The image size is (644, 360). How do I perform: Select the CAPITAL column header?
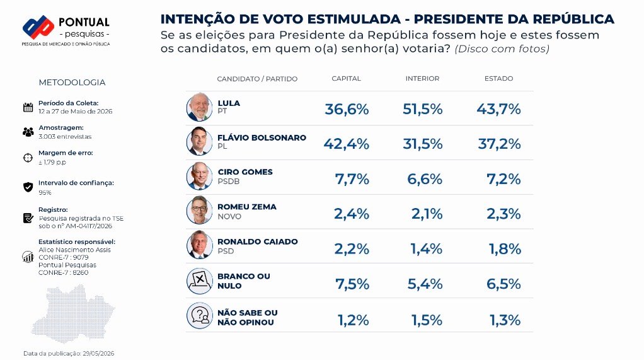click(346, 78)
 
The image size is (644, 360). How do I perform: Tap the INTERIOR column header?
click(422, 78)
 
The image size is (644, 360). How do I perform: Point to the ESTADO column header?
click(498, 78)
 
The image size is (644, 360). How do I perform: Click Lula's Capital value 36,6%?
click(347, 109)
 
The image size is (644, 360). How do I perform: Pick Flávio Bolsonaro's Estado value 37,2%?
click(500, 144)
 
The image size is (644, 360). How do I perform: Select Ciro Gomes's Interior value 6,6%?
click(425, 179)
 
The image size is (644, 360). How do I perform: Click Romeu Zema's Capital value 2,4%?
click(351, 214)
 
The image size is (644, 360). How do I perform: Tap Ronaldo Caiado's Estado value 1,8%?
click(505, 248)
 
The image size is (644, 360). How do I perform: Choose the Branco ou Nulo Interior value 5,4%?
click(425, 284)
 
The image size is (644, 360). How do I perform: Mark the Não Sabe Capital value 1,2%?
click(353, 320)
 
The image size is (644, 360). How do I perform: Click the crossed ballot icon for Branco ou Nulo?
click(200, 281)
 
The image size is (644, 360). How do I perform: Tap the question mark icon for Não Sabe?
click(200, 316)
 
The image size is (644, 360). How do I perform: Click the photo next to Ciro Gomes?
click(200, 177)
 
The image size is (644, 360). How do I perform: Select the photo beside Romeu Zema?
click(200, 210)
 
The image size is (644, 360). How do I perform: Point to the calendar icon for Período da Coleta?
click(28, 107)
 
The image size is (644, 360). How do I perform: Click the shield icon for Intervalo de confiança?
click(28, 187)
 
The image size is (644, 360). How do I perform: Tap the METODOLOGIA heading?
click(72, 83)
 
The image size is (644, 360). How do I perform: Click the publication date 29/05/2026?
click(98, 354)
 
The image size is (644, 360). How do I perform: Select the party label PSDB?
click(228, 181)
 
